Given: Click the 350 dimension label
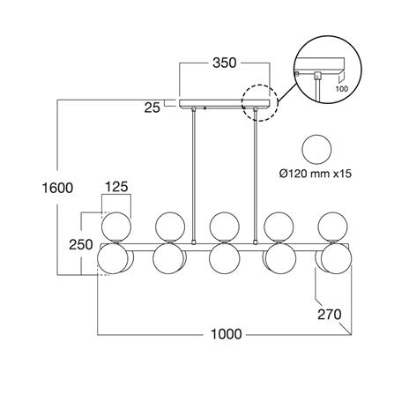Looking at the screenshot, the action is [x=224, y=63].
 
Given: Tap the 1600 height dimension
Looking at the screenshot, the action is [x=57, y=188].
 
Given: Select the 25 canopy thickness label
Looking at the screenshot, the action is [x=152, y=108].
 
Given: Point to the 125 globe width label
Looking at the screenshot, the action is [x=116, y=187].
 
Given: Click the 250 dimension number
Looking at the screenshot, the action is [x=81, y=244].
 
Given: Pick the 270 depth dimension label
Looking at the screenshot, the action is [x=330, y=315].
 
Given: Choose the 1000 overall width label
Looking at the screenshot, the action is [x=227, y=334].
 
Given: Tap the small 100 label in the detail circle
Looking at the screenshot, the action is [x=341, y=88].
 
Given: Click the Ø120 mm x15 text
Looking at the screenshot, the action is [x=316, y=174].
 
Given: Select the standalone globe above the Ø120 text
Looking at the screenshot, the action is [x=317, y=149].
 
